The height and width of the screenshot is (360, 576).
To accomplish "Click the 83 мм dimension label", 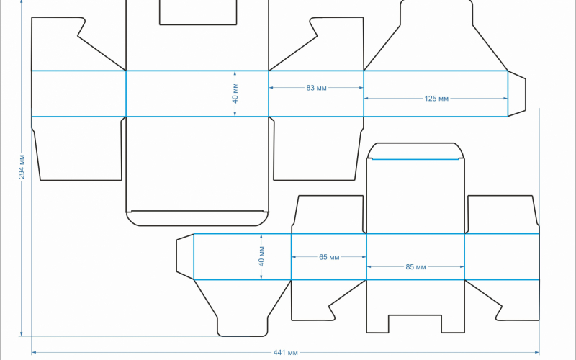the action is (316, 88).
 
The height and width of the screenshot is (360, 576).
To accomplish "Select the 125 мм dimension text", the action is (436, 99).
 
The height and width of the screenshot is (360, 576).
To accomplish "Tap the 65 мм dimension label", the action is (329, 257).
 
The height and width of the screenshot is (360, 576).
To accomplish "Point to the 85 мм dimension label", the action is (416, 267).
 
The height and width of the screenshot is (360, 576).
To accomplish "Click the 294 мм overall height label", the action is (22, 167).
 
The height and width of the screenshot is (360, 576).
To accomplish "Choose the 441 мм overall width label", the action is (285, 353).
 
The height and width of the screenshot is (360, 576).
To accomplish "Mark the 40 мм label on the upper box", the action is (235, 94).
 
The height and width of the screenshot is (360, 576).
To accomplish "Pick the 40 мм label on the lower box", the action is (261, 256).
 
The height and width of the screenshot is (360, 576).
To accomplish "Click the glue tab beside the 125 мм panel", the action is (517, 94).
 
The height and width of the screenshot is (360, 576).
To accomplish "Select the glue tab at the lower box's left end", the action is (185, 256).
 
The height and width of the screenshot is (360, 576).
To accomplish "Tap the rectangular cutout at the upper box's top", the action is (198, 12).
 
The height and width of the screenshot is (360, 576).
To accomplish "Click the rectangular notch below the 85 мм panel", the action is (415, 323).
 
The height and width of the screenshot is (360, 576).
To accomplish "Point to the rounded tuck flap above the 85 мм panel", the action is (415, 151).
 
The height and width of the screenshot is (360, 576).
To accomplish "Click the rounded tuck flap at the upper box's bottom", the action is (197, 219).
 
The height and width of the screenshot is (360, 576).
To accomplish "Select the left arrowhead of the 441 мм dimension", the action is (34, 353).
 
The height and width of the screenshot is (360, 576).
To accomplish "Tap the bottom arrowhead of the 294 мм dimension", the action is (22, 333).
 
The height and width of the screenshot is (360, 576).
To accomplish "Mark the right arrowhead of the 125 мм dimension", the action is (505, 99).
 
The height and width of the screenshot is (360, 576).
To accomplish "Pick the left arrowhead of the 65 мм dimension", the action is (294, 257).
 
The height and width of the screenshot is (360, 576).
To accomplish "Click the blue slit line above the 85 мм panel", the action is (415, 159).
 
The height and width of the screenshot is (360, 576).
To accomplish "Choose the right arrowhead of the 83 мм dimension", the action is (361, 88).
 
